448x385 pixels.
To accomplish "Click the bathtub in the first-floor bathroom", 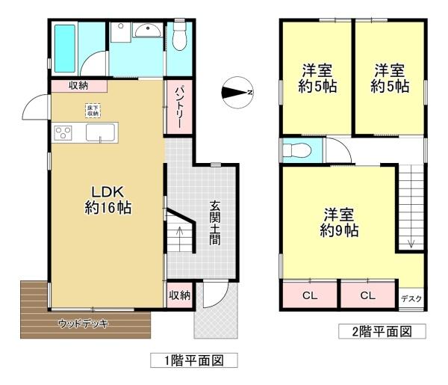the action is [65, 49].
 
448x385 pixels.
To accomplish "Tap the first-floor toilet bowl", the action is [180, 37].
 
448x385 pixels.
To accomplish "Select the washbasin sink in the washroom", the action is [147, 31].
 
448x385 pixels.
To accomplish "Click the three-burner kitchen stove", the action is [63, 133].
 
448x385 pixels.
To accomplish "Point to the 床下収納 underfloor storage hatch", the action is [93, 111].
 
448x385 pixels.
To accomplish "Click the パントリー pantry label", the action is [180, 107].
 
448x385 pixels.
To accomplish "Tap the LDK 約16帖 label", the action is [108, 200].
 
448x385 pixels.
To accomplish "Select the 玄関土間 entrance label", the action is [214, 223].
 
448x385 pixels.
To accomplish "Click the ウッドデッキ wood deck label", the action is [84, 324].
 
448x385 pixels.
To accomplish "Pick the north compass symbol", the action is [237, 93].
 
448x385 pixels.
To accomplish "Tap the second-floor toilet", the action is [297, 150].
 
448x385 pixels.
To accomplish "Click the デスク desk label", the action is [411, 299].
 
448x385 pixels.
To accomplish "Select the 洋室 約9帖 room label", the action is [339, 223].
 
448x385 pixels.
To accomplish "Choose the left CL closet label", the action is [310, 295].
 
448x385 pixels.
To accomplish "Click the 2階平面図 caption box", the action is [382, 331].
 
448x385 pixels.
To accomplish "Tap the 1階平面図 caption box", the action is [194, 360].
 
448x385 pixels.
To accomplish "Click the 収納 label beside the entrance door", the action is [179, 295].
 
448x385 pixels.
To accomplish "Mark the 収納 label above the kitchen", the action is [78, 85].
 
